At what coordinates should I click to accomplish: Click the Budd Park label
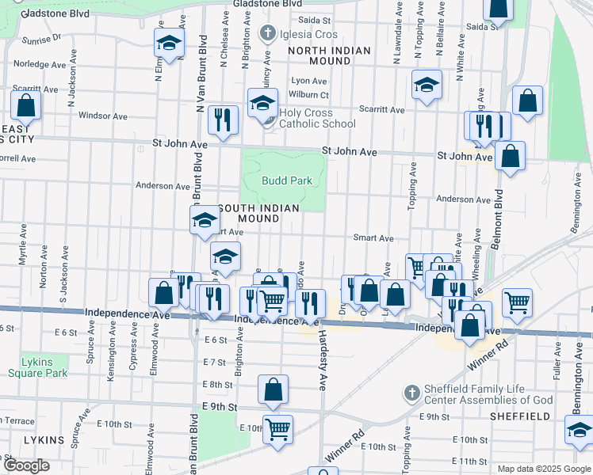pyautogui.click(x=286, y=181)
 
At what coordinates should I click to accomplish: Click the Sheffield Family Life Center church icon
pyautogui.click(x=411, y=393)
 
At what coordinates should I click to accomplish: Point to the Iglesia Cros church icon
pyautogui.click(x=268, y=33)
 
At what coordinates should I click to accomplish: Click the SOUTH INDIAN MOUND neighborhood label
pyautogui.click(x=258, y=213)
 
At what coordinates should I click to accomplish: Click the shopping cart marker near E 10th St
pyautogui.click(x=277, y=428)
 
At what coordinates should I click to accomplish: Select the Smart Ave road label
pyautogui.click(x=373, y=237)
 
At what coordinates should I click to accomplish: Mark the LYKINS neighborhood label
pyautogui.click(x=21, y=439)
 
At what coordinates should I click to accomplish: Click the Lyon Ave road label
pyautogui.click(x=309, y=81)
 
